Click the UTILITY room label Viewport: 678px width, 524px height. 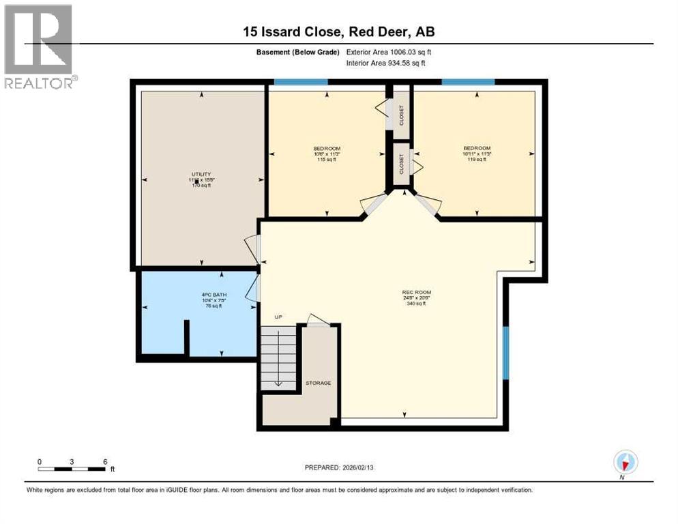click(x=201, y=174)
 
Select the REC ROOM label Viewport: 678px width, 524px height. click(x=413, y=293)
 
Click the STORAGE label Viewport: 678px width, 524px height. click(x=318, y=383)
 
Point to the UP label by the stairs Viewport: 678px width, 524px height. click(x=278, y=317)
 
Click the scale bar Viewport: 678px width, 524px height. click(x=72, y=469)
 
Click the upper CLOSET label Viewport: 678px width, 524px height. click(x=401, y=116)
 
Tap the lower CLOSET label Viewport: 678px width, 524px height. click(x=401, y=164)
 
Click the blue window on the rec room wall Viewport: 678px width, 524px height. click(x=505, y=352)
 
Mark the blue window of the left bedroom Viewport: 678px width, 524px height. click(x=301, y=83)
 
